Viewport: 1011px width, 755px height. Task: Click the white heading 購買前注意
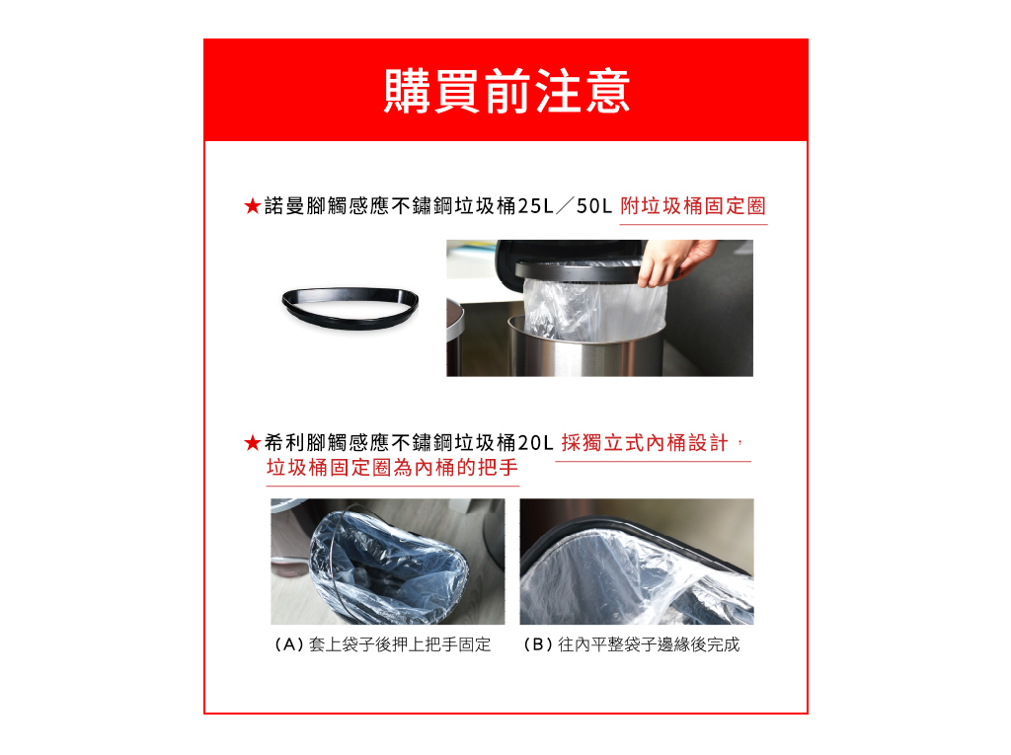[506, 91]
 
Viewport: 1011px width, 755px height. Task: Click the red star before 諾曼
[252, 206]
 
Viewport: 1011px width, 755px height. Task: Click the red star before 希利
[252, 443]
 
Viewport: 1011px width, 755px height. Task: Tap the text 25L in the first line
[535, 206]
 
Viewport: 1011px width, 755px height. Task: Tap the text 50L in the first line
[593, 206]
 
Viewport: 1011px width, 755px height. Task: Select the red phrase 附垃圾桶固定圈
[693, 206]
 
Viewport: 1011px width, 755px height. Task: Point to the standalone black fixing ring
[350, 308]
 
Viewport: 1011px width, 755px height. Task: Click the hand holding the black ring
[673, 262]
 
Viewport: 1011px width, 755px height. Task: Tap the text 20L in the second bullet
[535, 443]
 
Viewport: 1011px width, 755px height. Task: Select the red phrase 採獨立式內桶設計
[645, 443]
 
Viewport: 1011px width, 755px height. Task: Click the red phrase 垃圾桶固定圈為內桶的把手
[392, 468]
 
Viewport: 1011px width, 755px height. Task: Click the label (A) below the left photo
[289, 644]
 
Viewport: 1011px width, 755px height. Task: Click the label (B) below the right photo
[538, 644]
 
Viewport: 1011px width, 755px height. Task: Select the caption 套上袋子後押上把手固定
[400, 644]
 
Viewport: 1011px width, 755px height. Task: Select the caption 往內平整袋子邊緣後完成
[649, 644]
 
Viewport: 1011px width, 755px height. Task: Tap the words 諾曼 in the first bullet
[284, 206]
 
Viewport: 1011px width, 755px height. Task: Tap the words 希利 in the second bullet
[284, 443]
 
